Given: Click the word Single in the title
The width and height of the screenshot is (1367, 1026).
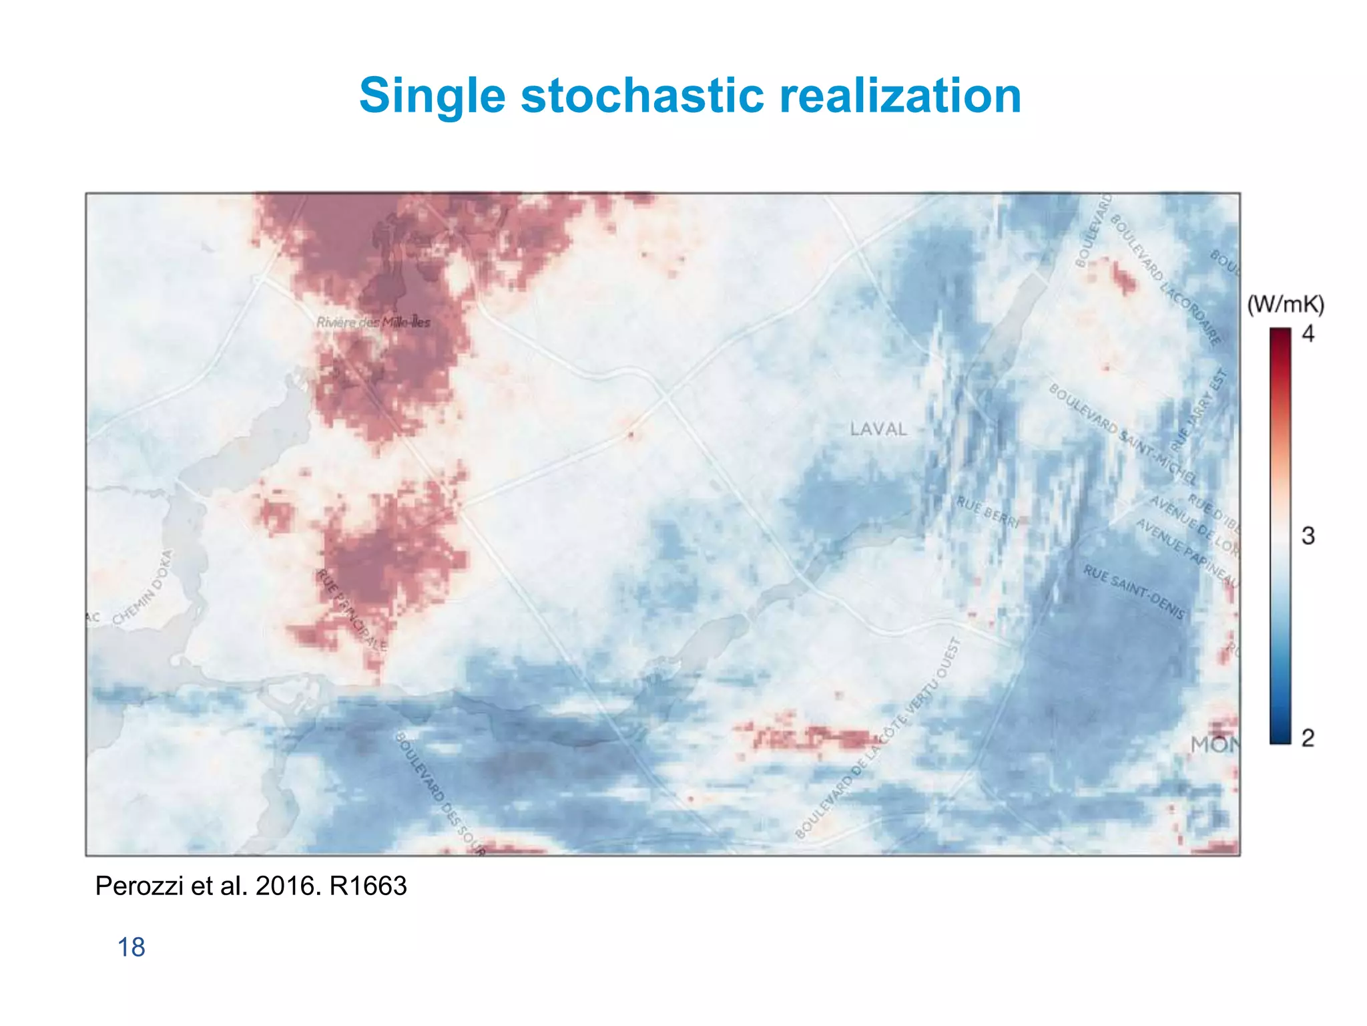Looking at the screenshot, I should tap(433, 96).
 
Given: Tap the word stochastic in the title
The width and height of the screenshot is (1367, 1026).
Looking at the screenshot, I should tap(641, 96).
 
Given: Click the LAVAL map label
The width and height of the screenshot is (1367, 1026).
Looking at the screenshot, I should tap(878, 429).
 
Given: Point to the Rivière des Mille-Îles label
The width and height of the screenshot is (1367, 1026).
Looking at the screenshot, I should tap(373, 323).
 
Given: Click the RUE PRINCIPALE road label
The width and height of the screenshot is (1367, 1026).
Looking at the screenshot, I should tap(352, 610).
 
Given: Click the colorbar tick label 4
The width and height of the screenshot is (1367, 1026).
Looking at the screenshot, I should tap(1308, 333).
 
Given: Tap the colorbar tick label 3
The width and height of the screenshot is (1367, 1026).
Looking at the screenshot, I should tap(1308, 536).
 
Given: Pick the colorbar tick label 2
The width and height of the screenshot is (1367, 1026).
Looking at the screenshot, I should tap(1308, 738).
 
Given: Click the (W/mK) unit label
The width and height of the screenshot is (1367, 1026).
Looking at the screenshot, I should tap(1286, 305).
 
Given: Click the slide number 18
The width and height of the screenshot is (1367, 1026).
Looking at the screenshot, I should tap(131, 947).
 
